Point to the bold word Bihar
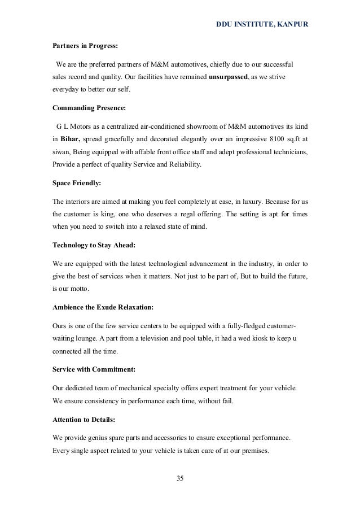click(x=71, y=139)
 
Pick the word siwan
click(x=60, y=154)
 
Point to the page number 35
click(x=180, y=479)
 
